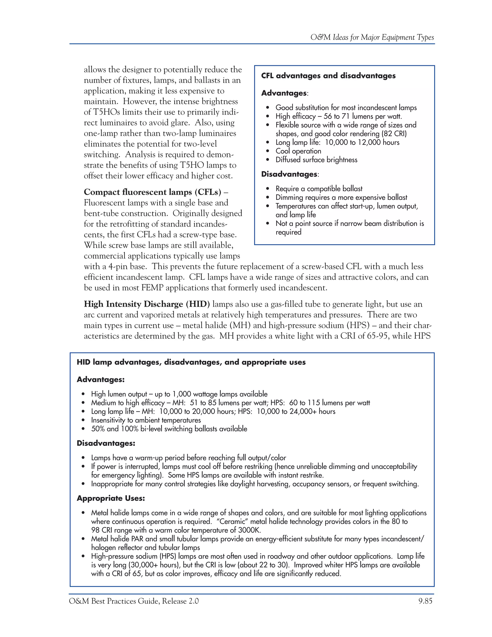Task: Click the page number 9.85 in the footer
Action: [x=425, y=601]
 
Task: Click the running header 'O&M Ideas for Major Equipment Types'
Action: [x=372, y=37]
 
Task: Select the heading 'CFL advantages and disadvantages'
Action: [x=328, y=76]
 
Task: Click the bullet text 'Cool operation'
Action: [x=298, y=151]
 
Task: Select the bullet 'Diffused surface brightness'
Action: [x=316, y=160]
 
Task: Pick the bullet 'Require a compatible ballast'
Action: [x=319, y=189]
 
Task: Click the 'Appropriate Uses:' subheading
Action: [x=111, y=498]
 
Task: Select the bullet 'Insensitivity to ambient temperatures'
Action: [x=146, y=420]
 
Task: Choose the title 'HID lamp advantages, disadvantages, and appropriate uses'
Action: [x=191, y=362]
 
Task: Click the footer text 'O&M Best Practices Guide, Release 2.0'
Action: [x=134, y=601]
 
